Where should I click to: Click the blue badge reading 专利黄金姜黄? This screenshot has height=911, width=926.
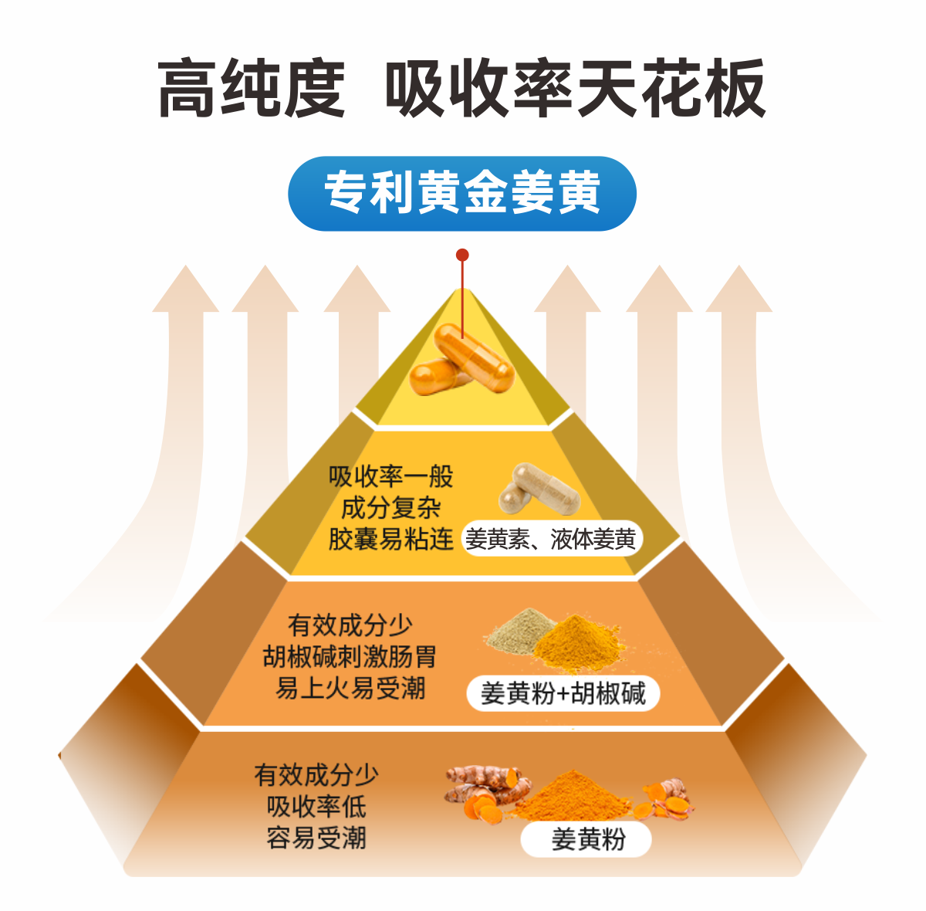[x=461, y=193]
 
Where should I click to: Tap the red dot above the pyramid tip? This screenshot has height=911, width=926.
[x=462, y=255]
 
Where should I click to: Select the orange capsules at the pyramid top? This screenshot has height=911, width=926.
[x=461, y=361]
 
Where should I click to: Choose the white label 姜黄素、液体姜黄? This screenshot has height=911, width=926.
[x=551, y=540]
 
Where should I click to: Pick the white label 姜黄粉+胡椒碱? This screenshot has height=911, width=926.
[x=563, y=693]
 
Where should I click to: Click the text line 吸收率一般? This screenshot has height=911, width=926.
[x=390, y=476]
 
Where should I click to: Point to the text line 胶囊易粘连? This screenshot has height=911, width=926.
[x=390, y=539]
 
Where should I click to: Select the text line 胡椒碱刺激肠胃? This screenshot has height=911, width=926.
[x=350, y=656]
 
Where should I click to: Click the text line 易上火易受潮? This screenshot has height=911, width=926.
[x=350, y=687]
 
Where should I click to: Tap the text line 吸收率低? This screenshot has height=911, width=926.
[x=316, y=806]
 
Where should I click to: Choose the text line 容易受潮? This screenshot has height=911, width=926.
[x=316, y=838]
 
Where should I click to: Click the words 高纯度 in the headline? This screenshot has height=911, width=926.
[x=251, y=89]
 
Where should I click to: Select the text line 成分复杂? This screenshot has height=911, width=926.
[x=390, y=508]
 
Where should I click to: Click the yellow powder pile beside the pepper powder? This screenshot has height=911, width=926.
[x=579, y=641]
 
